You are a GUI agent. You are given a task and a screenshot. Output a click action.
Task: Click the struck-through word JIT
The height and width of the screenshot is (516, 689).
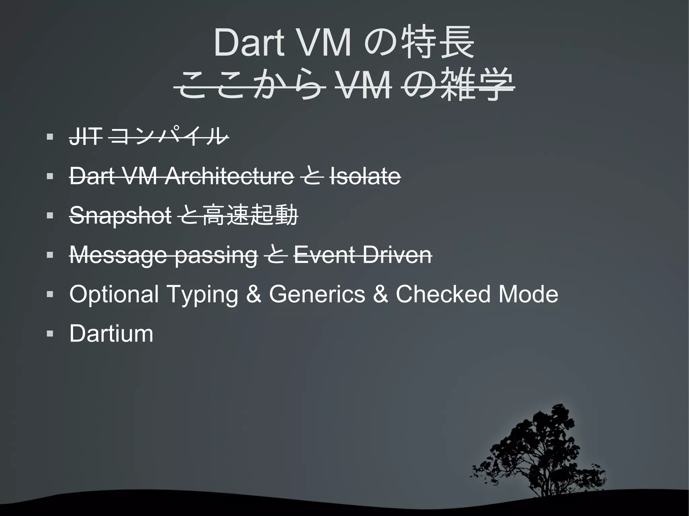(x=85, y=137)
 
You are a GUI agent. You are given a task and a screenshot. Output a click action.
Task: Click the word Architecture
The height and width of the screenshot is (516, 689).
(x=229, y=176)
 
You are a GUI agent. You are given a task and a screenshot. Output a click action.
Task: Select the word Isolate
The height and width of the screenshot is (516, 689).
(x=365, y=176)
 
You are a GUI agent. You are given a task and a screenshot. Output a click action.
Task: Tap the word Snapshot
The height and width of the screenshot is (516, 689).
(x=120, y=215)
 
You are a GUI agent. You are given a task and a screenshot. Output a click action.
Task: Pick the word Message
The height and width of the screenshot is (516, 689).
(x=118, y=255)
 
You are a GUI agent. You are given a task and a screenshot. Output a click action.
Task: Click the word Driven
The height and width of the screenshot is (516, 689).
(x=397, y=255)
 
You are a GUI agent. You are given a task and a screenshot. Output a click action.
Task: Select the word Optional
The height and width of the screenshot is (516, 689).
(x=114, y=294)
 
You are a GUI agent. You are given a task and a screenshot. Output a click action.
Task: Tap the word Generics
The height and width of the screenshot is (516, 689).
(x=317, y=294)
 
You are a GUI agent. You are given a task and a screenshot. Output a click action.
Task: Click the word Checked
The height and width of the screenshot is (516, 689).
(x=443, y=294)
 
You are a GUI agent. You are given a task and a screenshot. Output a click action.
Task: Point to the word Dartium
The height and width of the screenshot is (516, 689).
(x=111, y=333)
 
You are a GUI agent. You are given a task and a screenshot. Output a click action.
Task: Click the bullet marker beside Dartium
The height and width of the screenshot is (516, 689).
(x=50, y=334)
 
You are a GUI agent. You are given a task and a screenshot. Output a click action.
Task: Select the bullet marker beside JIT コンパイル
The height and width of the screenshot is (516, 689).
(x=50, y=137)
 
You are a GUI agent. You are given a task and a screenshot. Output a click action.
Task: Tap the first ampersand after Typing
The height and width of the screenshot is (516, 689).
(x=253, y=294)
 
